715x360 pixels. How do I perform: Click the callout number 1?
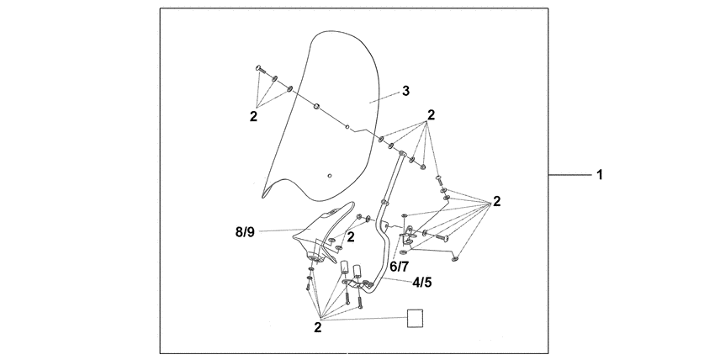(600, 176)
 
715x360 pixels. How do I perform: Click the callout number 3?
(405, 91)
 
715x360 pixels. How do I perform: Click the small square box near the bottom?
(414, 318)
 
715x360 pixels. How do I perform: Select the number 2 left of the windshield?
(253, 117)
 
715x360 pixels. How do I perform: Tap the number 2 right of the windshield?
(431, 114)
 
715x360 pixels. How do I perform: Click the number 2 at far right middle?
(496, 201)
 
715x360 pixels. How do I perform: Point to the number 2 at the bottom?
(318, 325)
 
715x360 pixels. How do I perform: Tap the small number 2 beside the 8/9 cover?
(350, 237)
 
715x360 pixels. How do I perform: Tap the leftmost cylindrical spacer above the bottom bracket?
(344, 268)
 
